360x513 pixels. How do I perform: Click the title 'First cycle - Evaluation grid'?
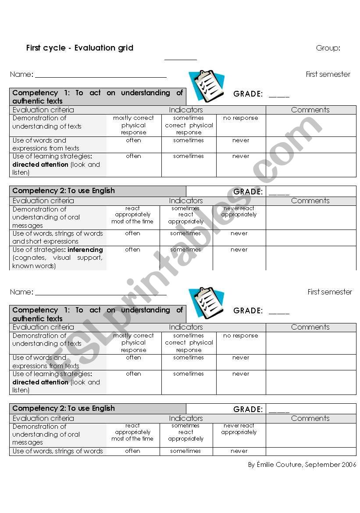(80, 48)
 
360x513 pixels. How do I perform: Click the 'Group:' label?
(328, 48)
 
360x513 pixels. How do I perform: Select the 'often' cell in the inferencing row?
(132, 250)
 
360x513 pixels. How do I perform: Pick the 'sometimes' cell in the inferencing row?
(185, 250)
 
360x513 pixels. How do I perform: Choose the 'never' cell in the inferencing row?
(239, 250)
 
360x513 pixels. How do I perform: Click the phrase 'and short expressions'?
(45, 241)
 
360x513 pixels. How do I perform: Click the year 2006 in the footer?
(348, 464)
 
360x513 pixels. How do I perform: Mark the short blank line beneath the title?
(181, 59)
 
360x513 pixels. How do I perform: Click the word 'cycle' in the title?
(54, 48)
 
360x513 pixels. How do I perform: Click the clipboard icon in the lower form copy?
(206, 303)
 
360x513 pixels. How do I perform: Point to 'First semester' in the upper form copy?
(328, 74)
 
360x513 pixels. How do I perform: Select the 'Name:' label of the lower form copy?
(21, 292)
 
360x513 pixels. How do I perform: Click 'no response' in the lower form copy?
(241, 336)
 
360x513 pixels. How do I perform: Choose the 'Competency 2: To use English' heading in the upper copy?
(64, 191)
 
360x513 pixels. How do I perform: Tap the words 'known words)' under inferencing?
(34, 266)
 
